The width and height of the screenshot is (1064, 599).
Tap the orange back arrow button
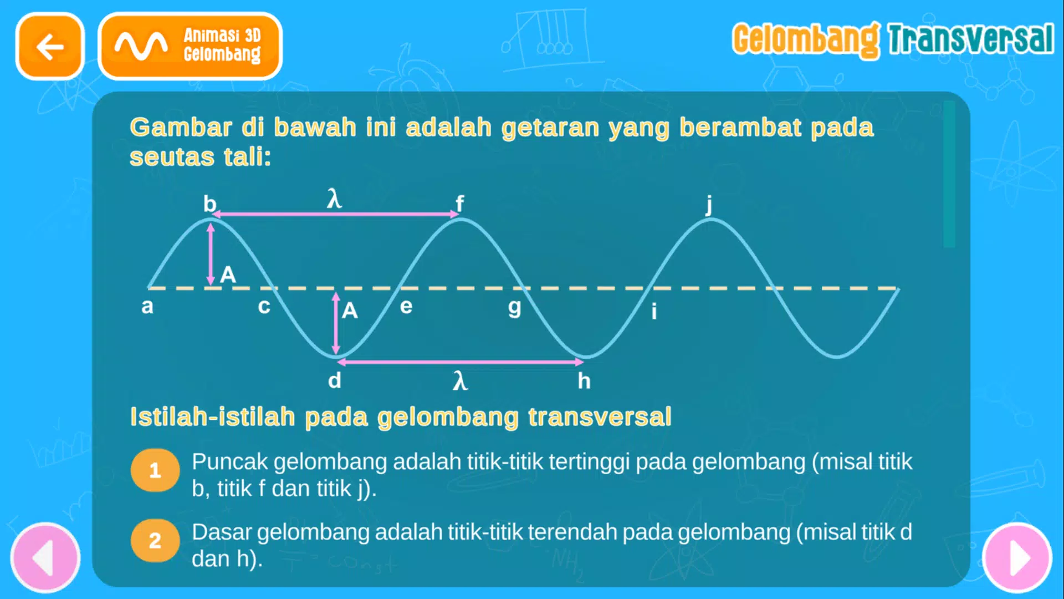pos(50,47)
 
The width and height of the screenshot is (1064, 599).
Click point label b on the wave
pos(209,204)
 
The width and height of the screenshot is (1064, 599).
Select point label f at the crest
pos(459,204)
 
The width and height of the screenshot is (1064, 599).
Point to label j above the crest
pos(709,205)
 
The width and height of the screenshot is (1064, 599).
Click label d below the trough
pos(334,381)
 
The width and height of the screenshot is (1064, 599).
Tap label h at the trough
pos(584,381)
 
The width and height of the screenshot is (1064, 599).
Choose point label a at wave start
pos(147,306)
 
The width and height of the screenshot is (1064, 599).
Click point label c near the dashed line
pos(264,306)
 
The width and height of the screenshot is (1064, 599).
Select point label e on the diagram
pos(406,306)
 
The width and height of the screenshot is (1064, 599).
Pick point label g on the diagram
pos(514,307)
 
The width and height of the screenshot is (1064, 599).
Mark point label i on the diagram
pos(654,311)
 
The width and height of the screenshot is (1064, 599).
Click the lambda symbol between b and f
pos(334,199)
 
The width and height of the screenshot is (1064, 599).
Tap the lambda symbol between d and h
pos(460,381)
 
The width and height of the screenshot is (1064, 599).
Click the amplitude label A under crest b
pos(228,275)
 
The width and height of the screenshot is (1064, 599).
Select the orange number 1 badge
pos(155,471)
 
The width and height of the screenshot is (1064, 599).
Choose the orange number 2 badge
pos(155,541)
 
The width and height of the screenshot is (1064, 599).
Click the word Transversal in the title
pos(971,39)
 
